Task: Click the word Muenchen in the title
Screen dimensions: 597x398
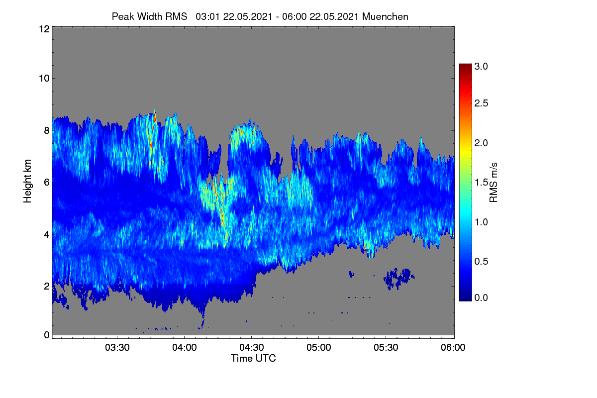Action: pyautogui.click(x=385, y=17)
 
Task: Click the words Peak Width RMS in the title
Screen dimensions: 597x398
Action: pyautogui.click(x=149, y=17)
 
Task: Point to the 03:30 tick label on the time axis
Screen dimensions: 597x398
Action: pyautogui.click(x=117, y=347)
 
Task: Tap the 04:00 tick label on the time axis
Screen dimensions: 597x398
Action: pyautogui.click(x=185, y=347)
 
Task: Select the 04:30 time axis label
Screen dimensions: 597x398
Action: pyautogui.click(x=252, y=347)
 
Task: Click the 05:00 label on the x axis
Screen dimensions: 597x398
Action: pyautogui.click(x=319, y=347)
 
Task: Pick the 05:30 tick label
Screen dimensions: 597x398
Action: pyautogui.click(x=386, y=347)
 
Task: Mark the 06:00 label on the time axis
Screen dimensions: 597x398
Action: pyautogui.click(x=453, y=347)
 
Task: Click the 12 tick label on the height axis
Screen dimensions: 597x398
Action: pyautogui.click(x=44, y=29)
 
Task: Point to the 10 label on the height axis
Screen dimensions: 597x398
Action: pyautogui.click(x=44, y=79)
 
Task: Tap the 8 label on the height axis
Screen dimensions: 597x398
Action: pyautogui.click(x=47, y=130)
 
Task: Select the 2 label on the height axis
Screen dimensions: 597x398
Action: pyautogui.click(x=47, y=286)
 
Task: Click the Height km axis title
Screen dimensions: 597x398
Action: pyautogui.click(x=27, y=181)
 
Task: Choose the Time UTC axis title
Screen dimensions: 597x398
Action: pyautogui.click(x=253, y=358)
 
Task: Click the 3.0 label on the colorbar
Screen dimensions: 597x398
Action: pyautogui.click(x=481, y=66)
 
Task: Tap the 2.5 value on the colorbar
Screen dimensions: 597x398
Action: pyautogui.click(x=481, y=103)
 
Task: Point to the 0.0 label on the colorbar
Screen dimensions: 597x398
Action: pyautogui.click(x=481, y=298)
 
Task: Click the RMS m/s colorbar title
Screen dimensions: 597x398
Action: pyautogui.click(x=494, y=183)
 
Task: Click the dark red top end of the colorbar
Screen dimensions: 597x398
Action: pyautogui.click(x=465, y=65)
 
